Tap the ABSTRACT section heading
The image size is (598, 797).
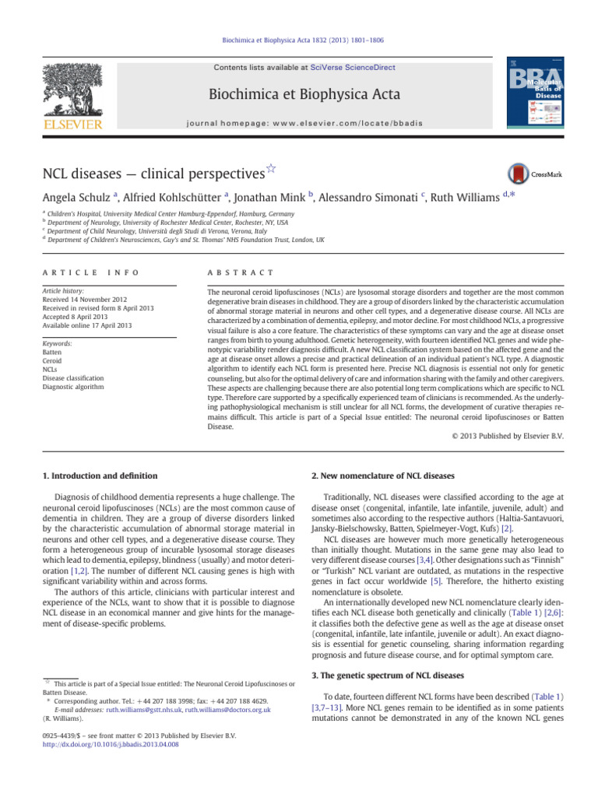(239, 272)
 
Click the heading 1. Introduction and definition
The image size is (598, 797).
(98, 476)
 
